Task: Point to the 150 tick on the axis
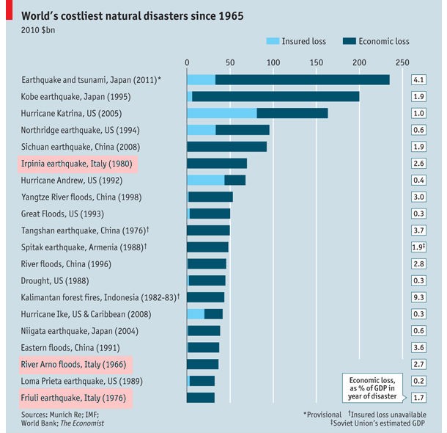click(317, 62)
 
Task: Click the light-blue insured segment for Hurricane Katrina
click(221, 113)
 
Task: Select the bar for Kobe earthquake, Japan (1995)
click(276, 96)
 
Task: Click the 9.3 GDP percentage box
click(419, 297)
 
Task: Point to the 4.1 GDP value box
click(419, 79)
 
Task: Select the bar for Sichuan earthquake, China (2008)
click(226, 147)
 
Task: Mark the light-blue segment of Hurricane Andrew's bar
click(205, 181)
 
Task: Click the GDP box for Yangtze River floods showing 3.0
click(419, 197)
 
